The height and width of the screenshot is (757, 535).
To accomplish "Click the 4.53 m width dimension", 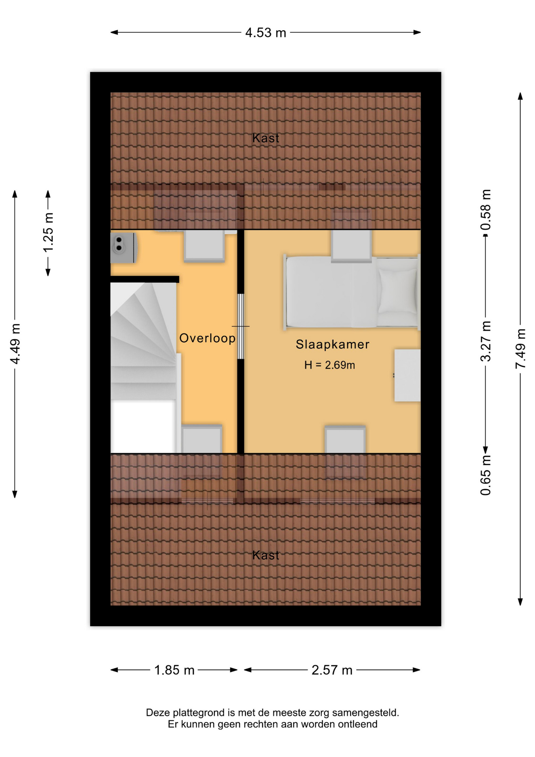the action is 266,32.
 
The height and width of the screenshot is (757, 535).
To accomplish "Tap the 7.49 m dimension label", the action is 520,349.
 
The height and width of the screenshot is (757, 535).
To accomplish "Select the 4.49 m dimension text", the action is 15,344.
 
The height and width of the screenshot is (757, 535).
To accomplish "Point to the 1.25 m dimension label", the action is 48,233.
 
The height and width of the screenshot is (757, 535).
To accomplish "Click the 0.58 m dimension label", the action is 486,209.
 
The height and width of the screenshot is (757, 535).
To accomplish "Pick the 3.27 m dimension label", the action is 486,341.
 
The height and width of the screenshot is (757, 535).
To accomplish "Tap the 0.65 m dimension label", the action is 486,475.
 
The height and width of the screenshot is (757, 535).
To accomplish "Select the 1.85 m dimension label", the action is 174,670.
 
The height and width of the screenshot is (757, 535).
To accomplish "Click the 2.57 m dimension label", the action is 332,670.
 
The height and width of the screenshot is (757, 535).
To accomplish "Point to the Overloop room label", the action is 207,338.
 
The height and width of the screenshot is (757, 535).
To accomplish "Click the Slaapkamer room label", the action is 333,344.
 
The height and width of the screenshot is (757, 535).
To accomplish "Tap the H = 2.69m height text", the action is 329,365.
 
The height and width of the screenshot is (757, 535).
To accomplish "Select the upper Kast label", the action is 266,138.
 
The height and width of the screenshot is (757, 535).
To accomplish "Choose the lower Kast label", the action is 266,555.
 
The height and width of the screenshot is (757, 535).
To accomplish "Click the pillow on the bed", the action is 397,292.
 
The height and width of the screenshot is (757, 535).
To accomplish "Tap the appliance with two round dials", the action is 123,248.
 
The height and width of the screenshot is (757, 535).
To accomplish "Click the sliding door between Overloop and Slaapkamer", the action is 241,326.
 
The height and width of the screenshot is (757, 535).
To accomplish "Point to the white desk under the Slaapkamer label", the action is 408,375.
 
